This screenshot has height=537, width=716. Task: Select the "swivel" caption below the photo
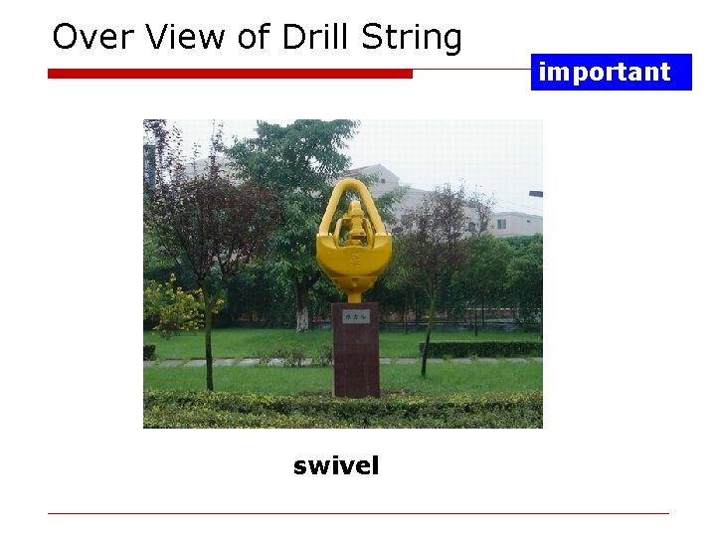336,465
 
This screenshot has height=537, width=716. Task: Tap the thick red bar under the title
230,74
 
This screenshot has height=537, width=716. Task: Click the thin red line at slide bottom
358,513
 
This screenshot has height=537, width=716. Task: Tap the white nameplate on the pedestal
355,315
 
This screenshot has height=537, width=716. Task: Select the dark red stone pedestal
355,358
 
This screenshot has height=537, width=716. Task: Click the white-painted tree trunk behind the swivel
301,316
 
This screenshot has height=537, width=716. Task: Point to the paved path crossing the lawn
249,363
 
